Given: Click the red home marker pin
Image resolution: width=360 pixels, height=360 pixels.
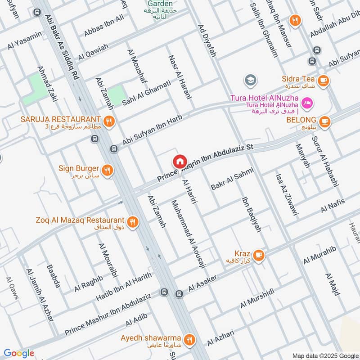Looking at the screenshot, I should [179, 161].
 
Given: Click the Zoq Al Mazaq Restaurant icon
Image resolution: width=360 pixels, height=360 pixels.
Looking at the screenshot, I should [132, 221].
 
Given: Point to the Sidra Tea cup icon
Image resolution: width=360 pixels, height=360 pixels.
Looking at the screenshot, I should [323, 81].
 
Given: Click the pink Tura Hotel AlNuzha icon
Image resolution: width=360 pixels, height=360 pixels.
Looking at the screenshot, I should [308, 103].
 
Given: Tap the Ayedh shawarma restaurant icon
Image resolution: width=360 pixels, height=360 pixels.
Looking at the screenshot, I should [189, 339].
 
